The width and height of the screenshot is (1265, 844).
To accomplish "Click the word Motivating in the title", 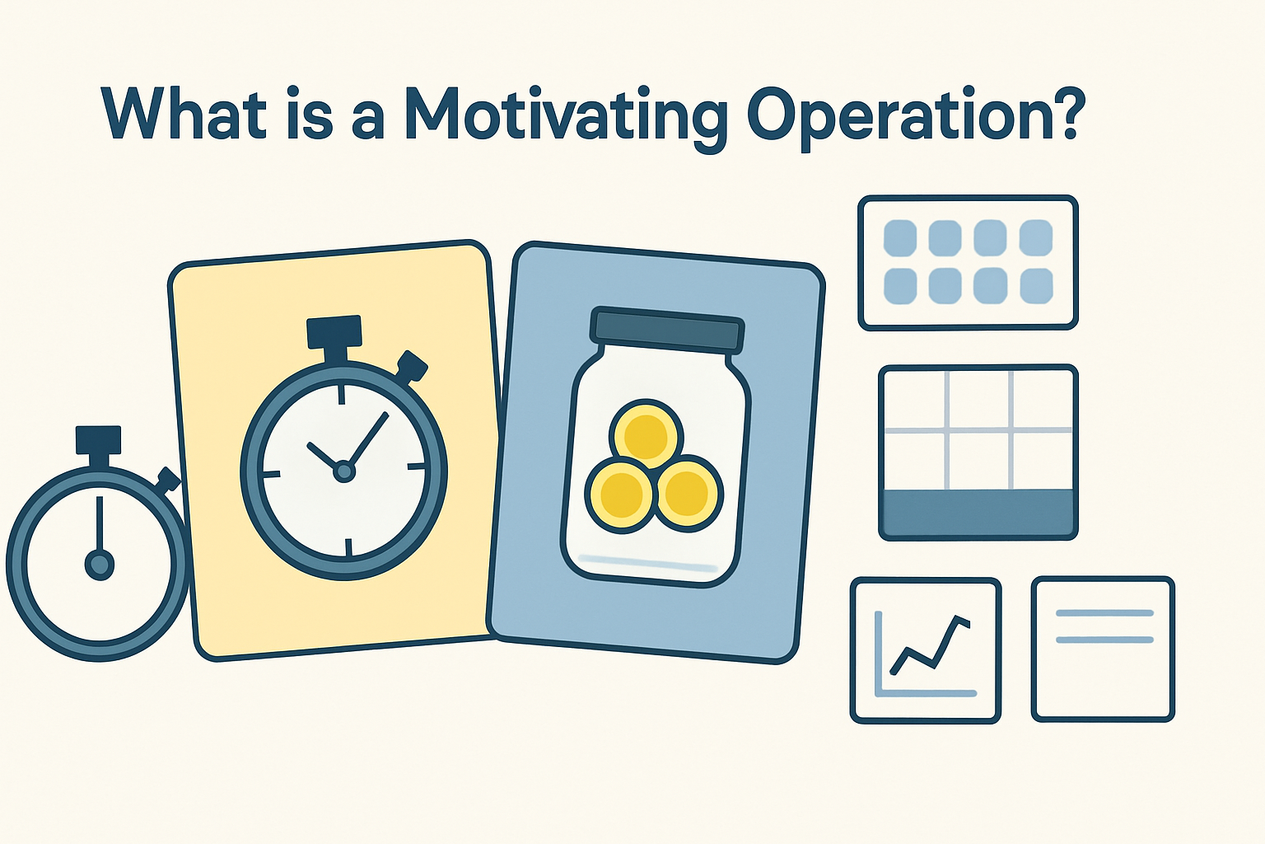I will (567, 115).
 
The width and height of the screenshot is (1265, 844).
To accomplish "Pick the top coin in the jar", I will (647, 434).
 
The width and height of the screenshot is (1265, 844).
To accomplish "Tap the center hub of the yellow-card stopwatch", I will (343, 471).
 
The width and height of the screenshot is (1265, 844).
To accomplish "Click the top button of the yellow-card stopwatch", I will (334, 332).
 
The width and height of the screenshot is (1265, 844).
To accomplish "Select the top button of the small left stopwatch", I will (99, 440).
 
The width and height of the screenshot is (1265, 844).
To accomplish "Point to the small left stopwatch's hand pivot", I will (100, 565).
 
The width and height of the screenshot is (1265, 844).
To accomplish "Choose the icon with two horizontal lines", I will (1103, 649).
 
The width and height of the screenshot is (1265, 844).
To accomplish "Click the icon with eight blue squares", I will (968, 263).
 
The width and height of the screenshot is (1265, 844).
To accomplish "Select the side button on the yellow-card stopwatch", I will (412, 365).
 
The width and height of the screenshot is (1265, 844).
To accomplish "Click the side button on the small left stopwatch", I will (168, 480).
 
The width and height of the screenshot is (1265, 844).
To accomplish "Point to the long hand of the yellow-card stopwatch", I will (367, 440).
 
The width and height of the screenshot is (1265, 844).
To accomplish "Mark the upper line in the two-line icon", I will (1104, 613).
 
